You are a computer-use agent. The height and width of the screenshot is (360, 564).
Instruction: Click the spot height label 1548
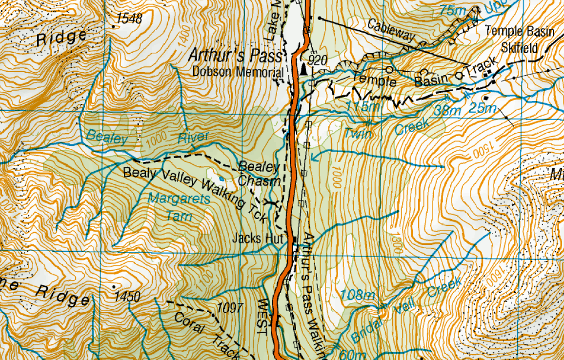130,19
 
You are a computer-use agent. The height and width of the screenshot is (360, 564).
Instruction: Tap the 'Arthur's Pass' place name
235,55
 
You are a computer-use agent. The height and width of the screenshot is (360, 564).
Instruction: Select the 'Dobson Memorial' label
238,72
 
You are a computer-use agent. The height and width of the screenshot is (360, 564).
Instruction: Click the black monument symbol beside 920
304,70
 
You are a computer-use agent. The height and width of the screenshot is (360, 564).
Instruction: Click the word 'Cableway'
391,31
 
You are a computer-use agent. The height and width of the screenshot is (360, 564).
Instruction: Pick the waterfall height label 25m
482,108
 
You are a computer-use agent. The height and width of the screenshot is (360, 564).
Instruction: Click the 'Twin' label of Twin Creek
358,134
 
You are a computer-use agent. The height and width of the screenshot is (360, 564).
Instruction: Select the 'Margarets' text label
179,199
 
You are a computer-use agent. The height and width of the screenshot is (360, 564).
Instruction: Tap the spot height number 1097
230,308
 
